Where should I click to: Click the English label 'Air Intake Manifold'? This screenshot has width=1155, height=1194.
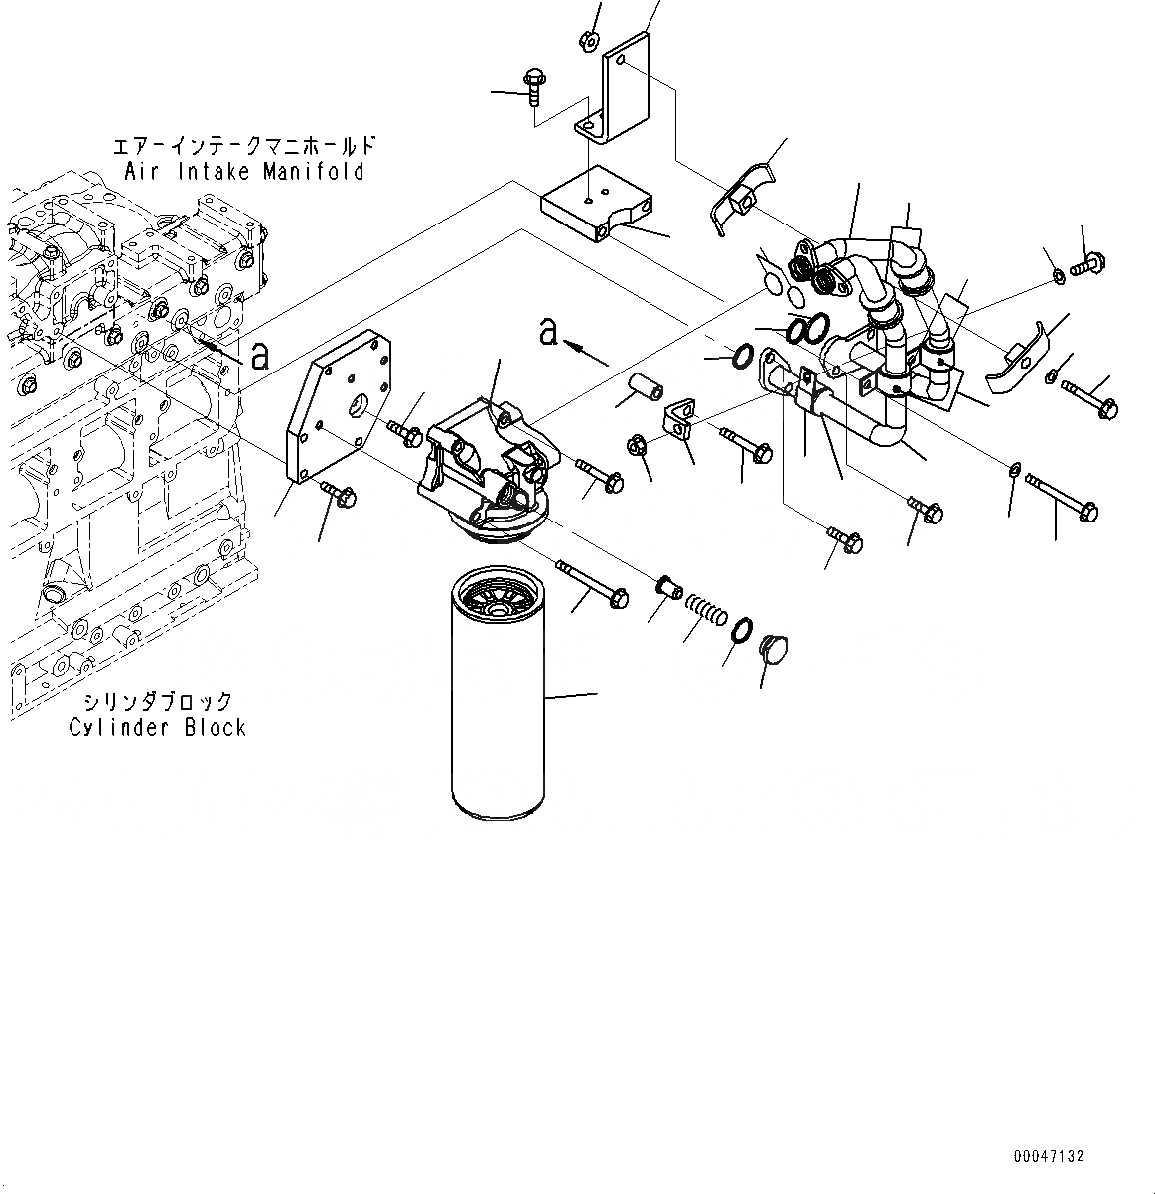244,172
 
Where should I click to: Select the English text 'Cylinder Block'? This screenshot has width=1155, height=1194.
157,727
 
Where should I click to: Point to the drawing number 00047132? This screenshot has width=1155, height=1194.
1049,1156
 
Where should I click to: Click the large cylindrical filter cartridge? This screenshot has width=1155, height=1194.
496,695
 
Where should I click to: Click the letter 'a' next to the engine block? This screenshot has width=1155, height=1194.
260,355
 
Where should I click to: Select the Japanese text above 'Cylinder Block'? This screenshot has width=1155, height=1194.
157,701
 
